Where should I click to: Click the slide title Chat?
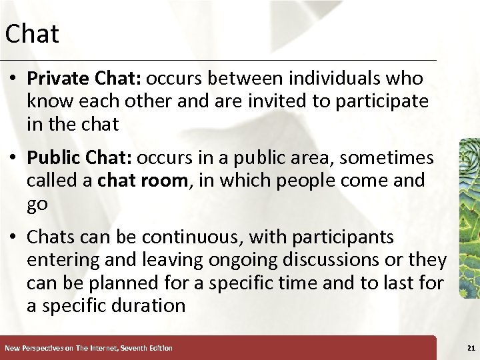click(32, 34)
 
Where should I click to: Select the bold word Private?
click(53, 79)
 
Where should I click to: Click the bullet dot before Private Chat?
click(13, 79)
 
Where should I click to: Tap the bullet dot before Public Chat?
click(13, 159)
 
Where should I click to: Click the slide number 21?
click(471, 348)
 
